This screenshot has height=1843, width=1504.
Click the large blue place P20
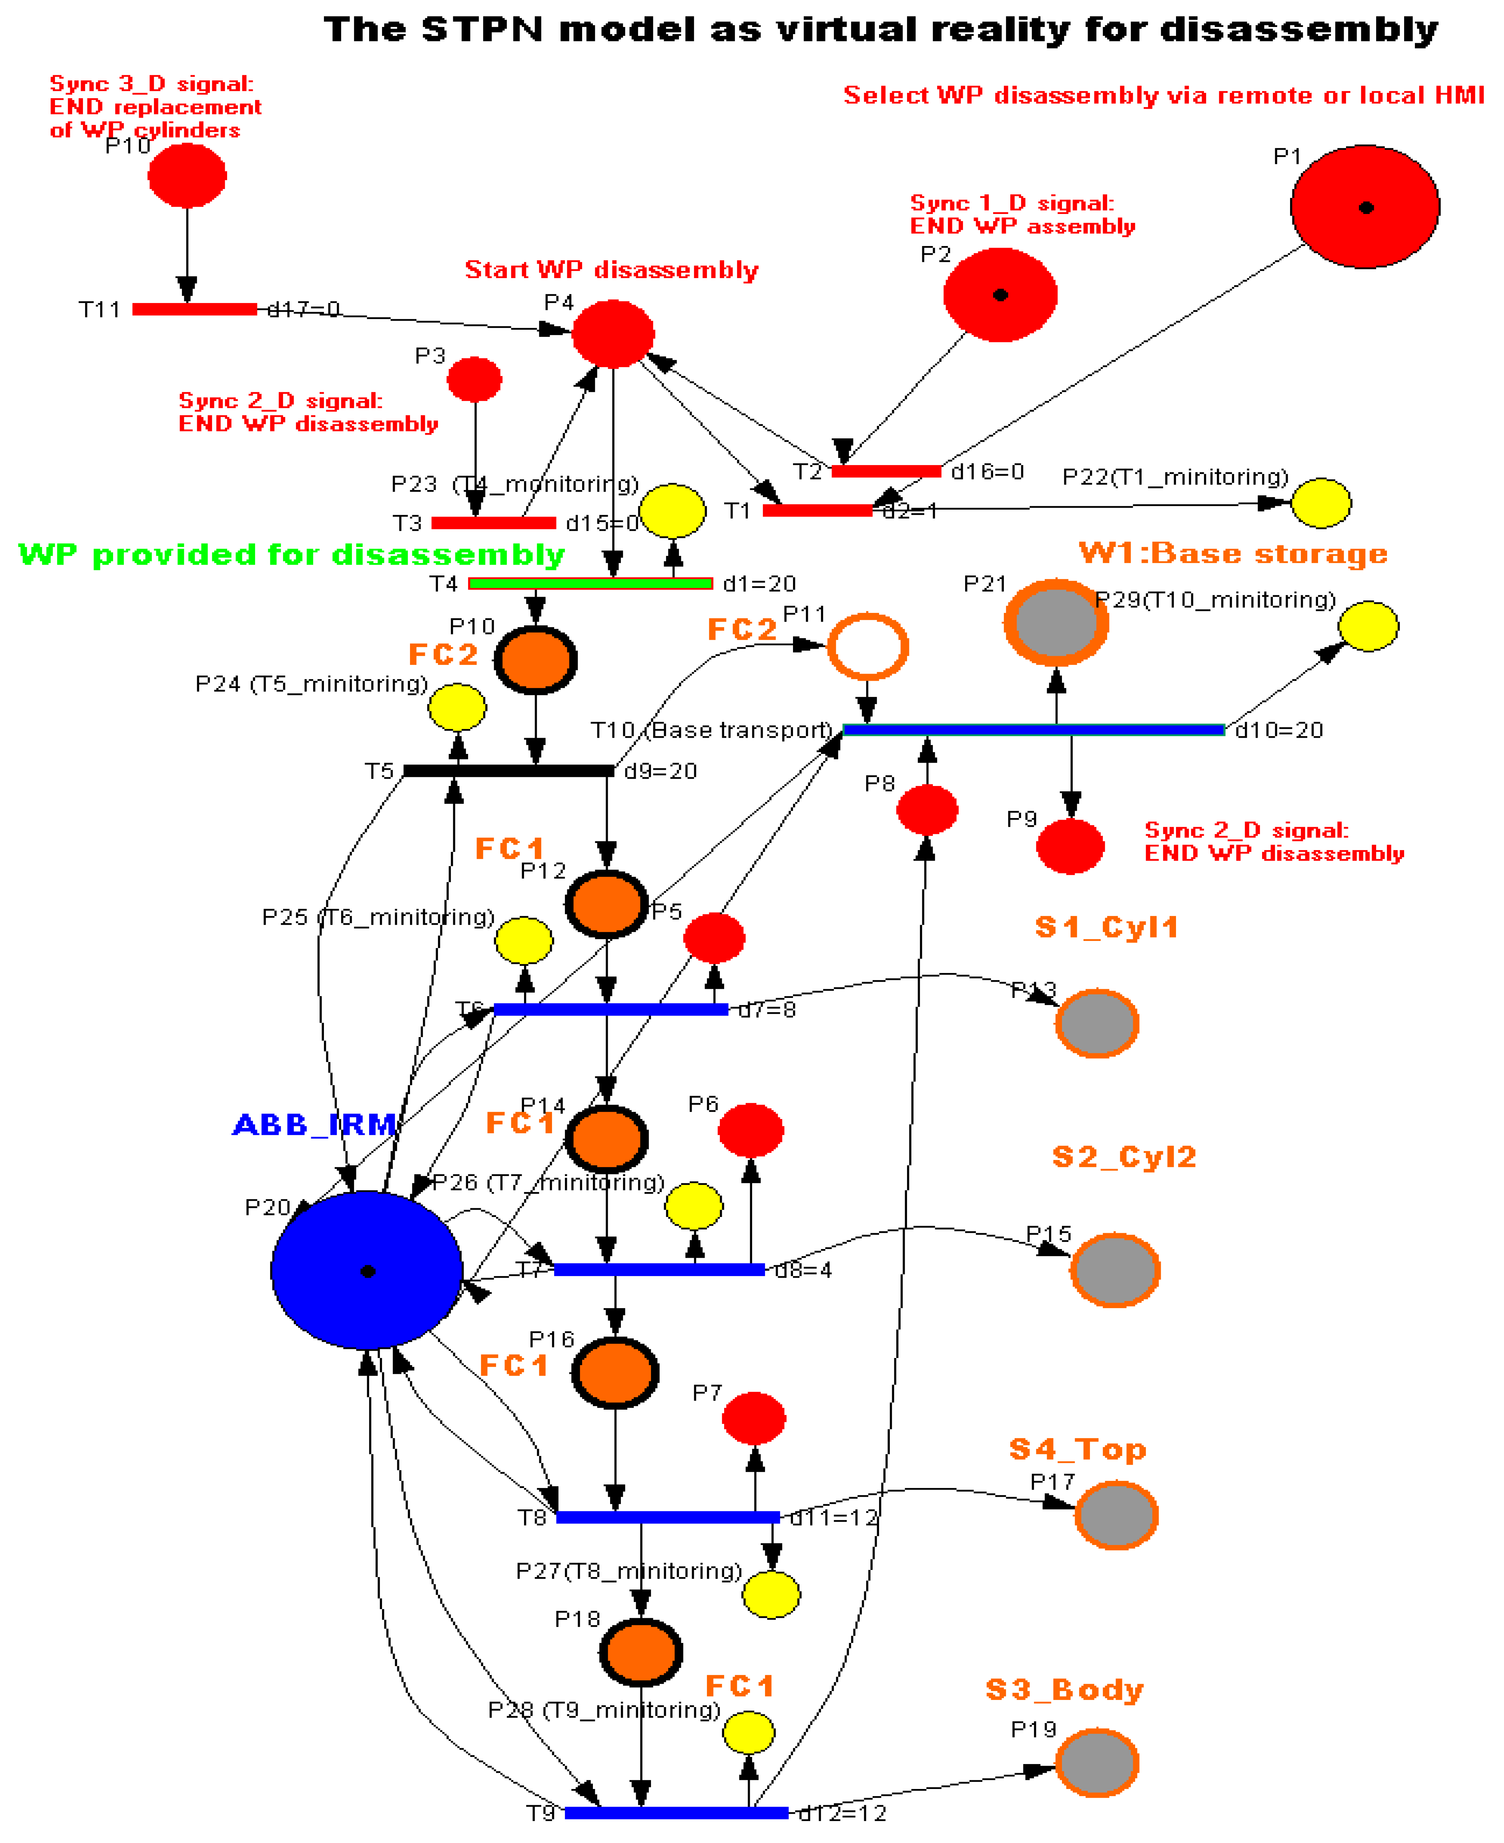[366, 1270]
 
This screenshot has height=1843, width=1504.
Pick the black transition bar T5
[509, 770]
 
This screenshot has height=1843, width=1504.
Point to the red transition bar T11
[194, 309]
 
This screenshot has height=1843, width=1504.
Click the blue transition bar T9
[676, 1812]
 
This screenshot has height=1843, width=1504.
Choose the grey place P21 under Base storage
[1056, 622]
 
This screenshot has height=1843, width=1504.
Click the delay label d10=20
[1279, 730]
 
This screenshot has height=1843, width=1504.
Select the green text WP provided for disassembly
[291, 554]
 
